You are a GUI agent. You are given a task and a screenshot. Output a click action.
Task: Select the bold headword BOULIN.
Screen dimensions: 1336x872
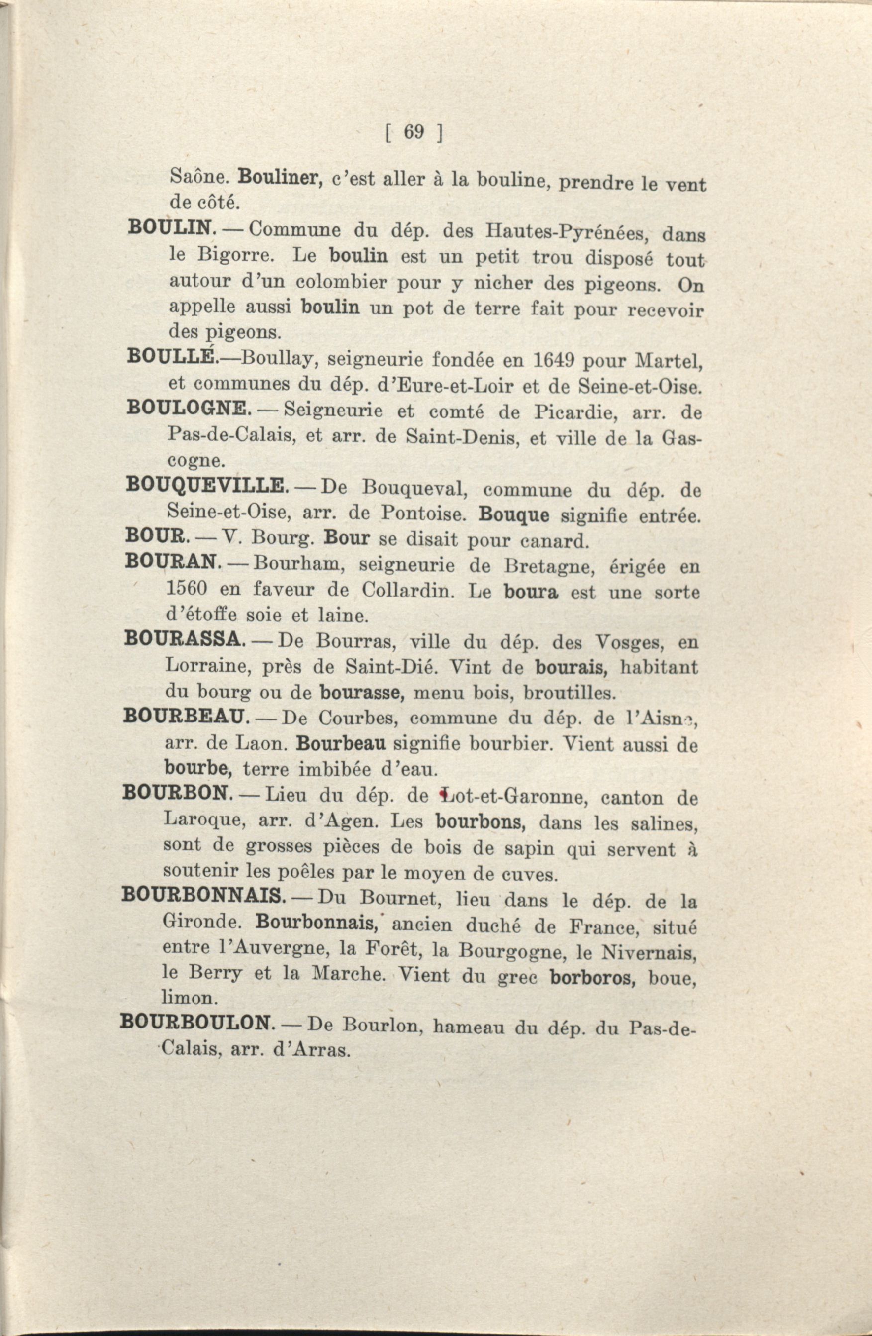click(x=171, y=227)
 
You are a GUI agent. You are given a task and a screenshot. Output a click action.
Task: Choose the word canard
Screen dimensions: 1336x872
click(x=553, y=541)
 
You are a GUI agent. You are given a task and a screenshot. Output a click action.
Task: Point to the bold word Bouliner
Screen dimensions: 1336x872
click(x=280, y=179)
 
